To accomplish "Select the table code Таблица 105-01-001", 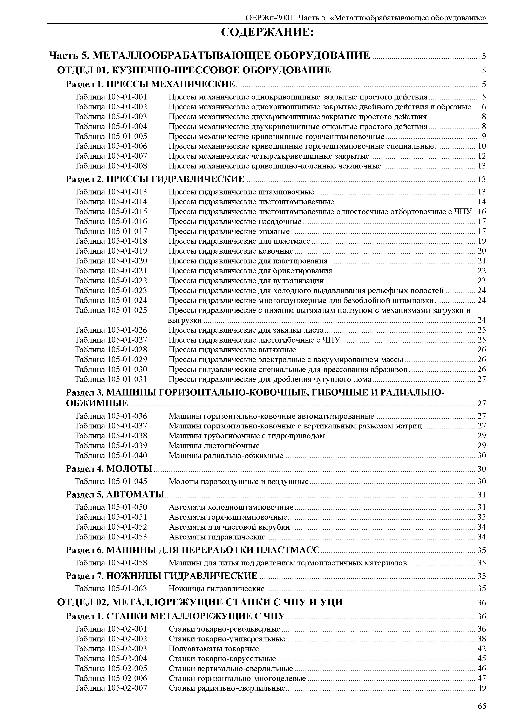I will click(x=111, y=97).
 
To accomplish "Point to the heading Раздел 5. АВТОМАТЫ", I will click(x=115, y=494).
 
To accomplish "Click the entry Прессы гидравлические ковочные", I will click(x=231, y=251).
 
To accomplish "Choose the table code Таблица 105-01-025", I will click(x=111, y=310).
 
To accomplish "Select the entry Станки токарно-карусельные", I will click(x=222, y=659).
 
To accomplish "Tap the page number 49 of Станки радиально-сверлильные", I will click(x=481, y=688).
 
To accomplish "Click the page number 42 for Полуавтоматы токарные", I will click(x=481, y=649).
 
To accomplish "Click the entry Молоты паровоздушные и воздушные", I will click(x=239, y=481).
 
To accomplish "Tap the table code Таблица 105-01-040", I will click(x=111, y=455).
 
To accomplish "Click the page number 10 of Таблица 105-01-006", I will click(x=481, y=146).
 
